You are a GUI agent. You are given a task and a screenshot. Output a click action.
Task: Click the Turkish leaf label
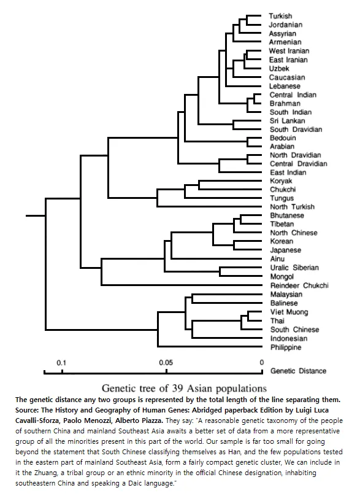click(280, 16)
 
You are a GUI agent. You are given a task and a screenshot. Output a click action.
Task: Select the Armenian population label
click(285, 42)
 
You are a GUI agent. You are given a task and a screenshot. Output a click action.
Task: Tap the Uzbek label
click(279, 68)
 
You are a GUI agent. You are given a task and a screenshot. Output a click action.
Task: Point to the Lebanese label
click(285, 86)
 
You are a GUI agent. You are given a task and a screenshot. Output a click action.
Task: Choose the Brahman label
click(285, 104)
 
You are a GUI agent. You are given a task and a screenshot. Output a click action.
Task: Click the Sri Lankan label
click(287, 121)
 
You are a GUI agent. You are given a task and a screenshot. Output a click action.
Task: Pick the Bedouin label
click(283, 138)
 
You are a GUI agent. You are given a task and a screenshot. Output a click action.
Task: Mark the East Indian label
click(288, 172)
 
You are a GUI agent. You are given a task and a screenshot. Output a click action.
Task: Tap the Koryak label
click(281, 181)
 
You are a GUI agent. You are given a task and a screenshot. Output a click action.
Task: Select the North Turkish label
click(293, 207)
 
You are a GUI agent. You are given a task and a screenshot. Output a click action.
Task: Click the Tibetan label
click(282, 224)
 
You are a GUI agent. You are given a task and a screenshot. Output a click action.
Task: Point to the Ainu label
click(277, 259)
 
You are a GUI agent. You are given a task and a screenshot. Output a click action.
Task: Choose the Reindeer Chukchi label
click(299, 285)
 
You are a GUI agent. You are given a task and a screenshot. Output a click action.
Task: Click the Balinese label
click(284, 303)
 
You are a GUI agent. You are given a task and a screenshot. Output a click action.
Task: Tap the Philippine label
click(286, 347)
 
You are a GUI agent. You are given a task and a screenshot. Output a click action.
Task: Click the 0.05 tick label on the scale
click(166, 363)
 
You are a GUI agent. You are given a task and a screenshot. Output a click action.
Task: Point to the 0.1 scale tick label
click(61, 363)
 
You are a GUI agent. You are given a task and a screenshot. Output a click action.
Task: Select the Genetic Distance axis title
click(299, 371)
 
